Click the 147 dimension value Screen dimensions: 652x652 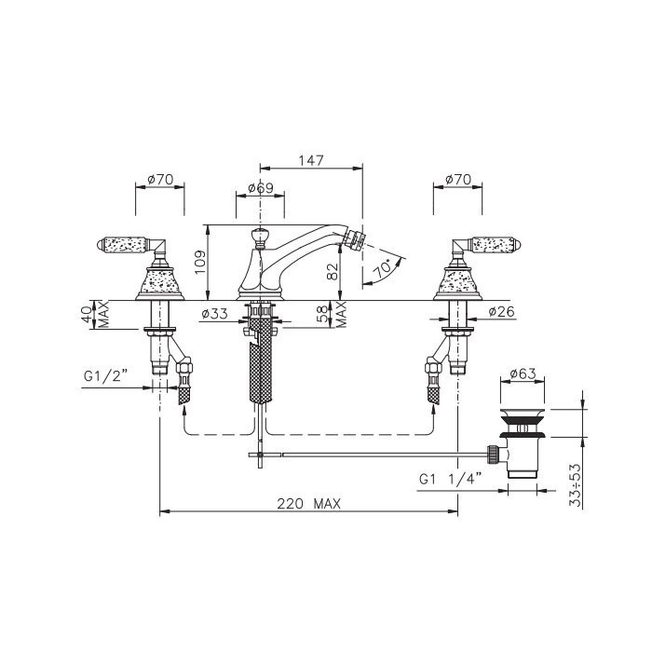[x=311, y=160]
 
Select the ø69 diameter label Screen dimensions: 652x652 [x=261, y=188]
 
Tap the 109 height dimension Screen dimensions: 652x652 [x=200, y=262]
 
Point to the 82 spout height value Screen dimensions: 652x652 [x=333, y=271]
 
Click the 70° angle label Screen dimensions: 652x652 [x=383, y=268]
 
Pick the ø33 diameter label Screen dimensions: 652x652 [x=214, y=313]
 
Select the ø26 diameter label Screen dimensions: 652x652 [x=501, y=311]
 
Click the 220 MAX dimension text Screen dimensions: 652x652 [x=309, y=504]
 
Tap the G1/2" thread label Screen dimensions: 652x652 [x=105, y=375]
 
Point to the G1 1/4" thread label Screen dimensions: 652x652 [x=451, y=479]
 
